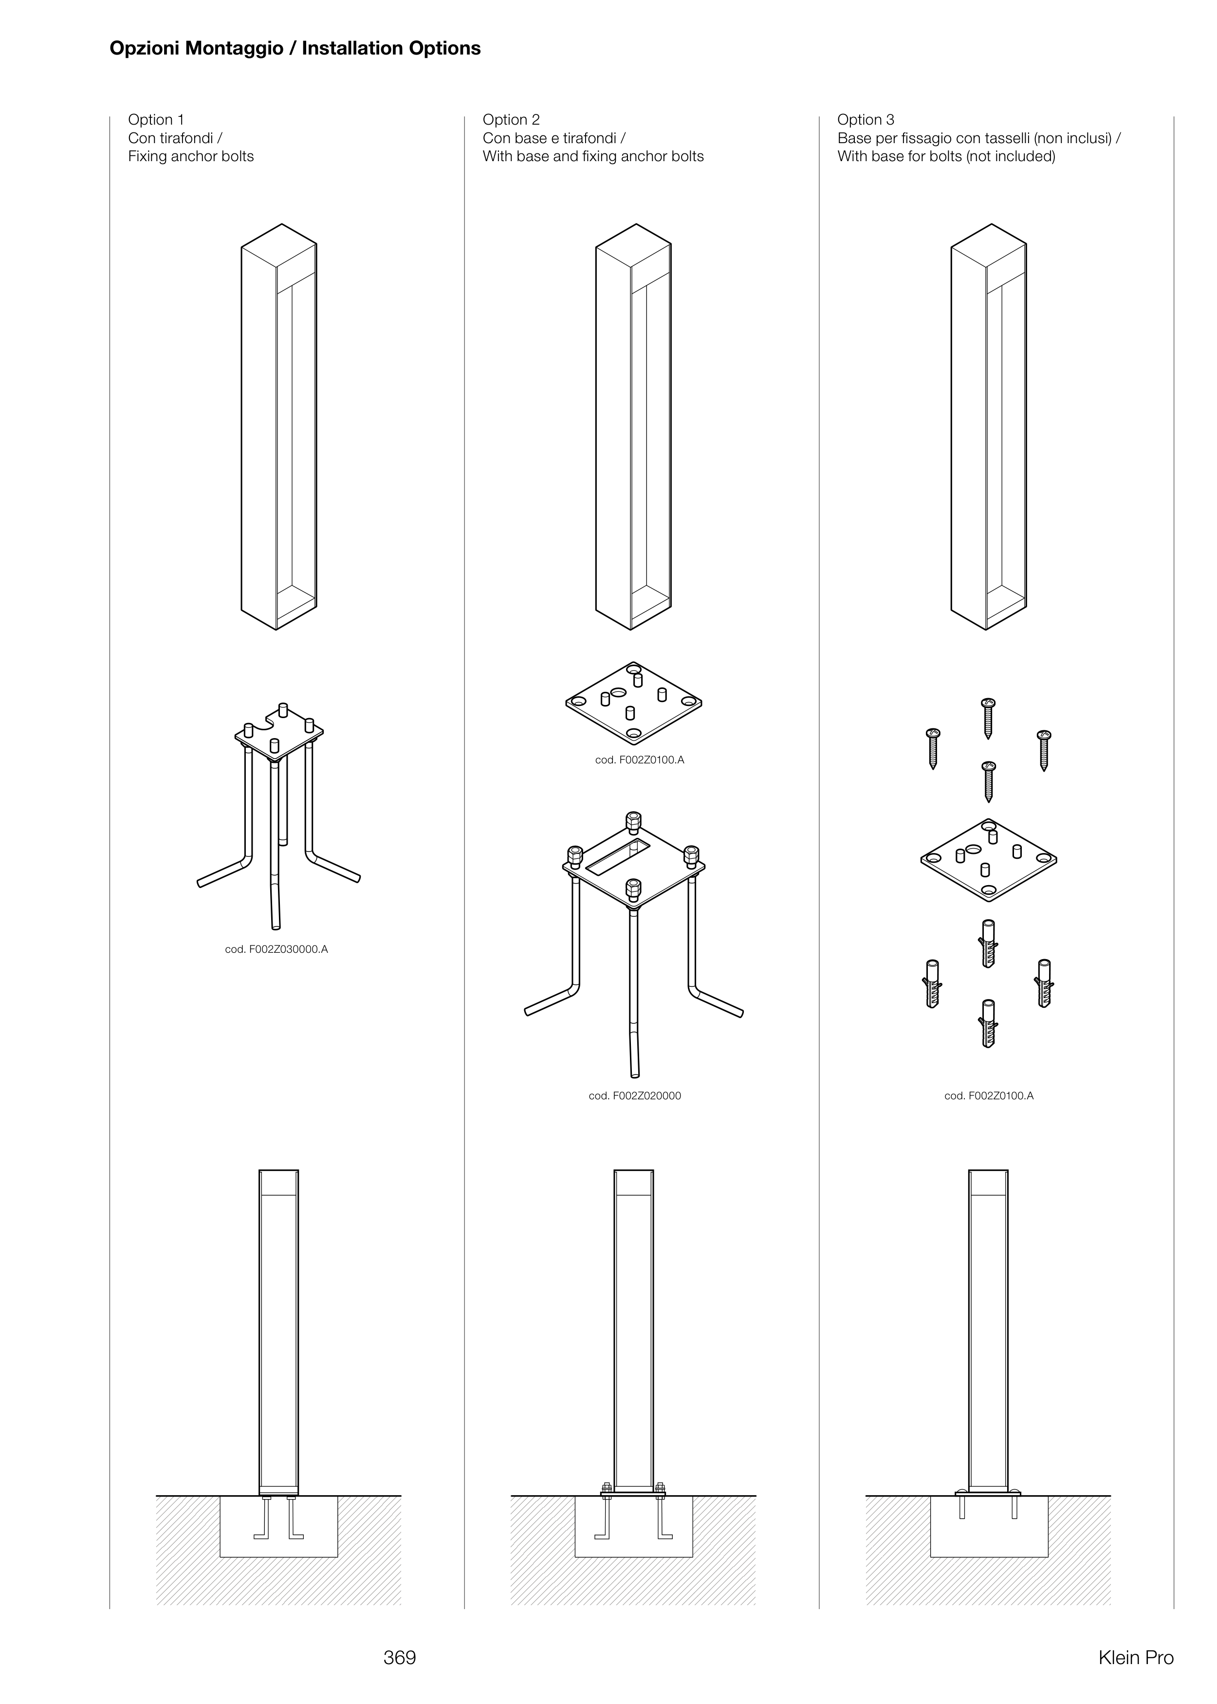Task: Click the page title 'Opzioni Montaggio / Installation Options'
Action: (295, 49)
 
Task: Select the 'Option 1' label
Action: (156, 120)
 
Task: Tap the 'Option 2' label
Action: (511, 120)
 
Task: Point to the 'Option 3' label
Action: (866, 120)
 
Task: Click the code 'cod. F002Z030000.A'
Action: (277, 949)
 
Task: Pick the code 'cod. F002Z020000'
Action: (635, 1095)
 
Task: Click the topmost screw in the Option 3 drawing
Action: (988, 718)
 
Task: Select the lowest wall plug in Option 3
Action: (988, 1023)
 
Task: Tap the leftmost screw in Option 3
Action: (933, 748)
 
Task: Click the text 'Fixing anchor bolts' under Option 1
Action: (191, 157)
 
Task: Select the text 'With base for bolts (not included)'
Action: (946, 157)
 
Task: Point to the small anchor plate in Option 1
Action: (279, 734)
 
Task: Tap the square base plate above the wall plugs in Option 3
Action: (988, 859)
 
